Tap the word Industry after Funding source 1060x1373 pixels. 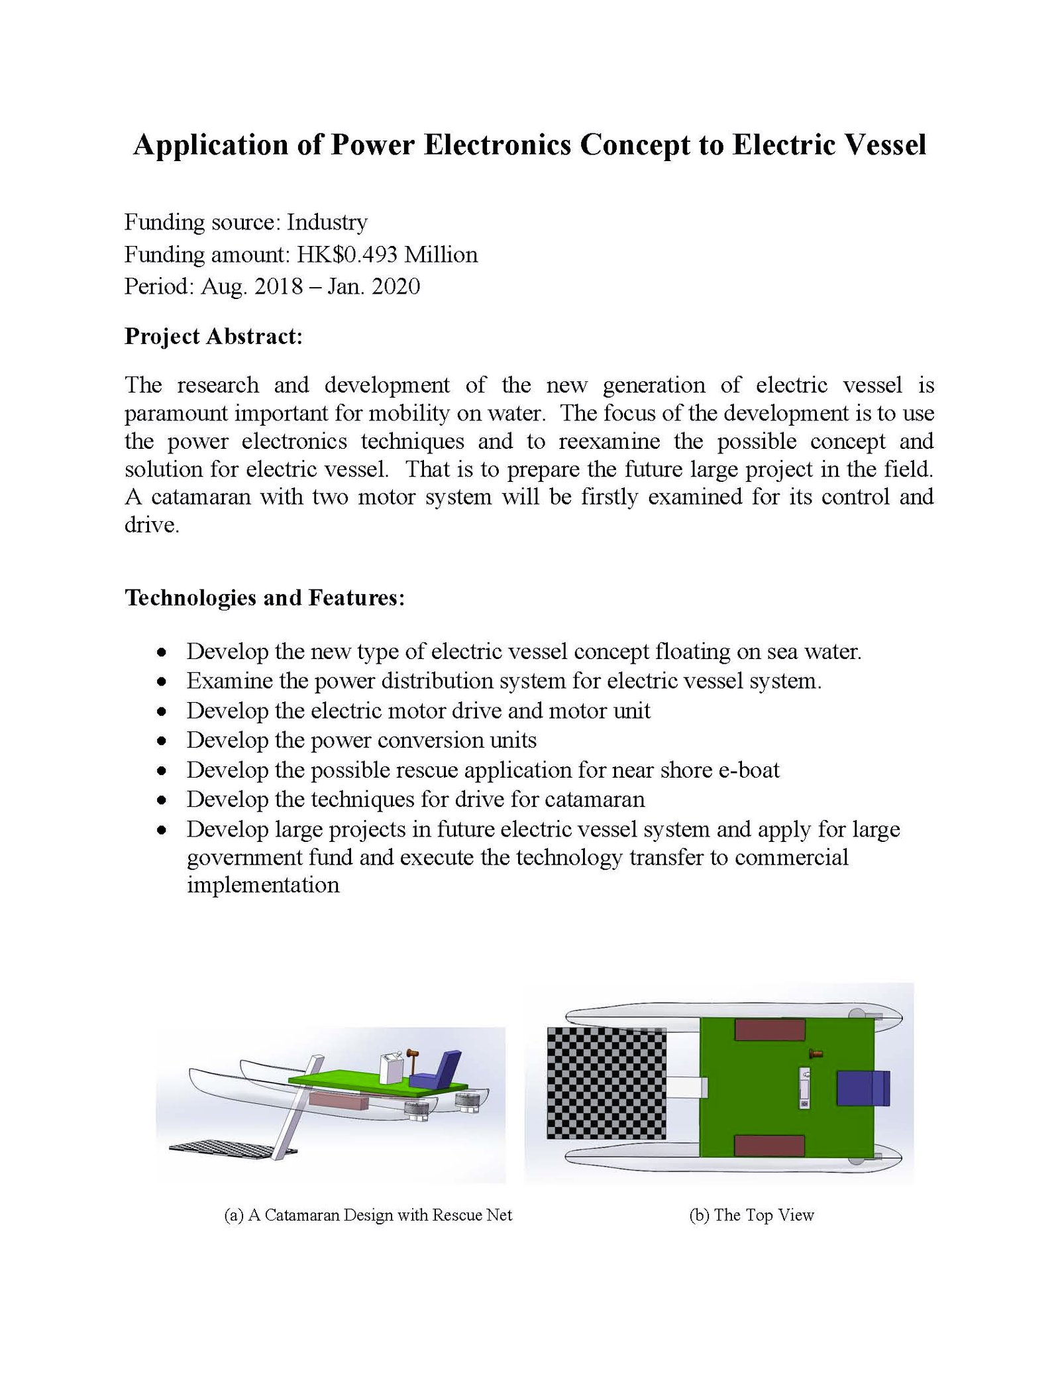coord(327,223)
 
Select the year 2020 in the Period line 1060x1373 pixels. coord(396,286)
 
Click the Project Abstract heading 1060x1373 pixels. coord(213,337)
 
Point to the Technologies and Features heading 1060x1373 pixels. coord(264,598)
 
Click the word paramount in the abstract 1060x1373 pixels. coord(174,414)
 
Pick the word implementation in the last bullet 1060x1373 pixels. coord(263,885)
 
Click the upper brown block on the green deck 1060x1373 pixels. coord(769,1030)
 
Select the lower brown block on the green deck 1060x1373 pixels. coord(769,1145)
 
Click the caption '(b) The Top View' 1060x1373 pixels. coord(751,1215)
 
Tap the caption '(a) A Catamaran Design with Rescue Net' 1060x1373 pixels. coord(368,1215)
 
